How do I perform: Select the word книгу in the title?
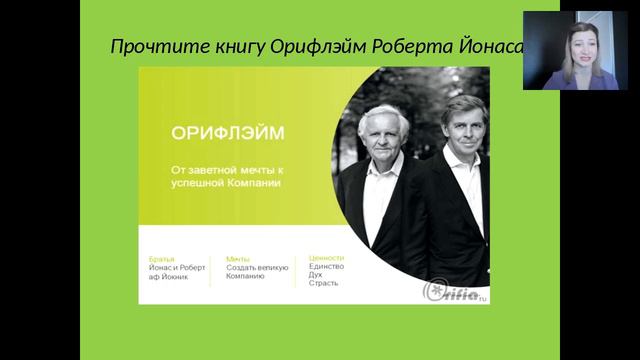click(x=231, y=47)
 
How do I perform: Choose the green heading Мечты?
click(x=238, y=258)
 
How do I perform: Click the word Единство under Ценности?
click(x=326, y=266)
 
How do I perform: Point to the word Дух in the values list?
click(x=316, y=274)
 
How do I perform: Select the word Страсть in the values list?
click(x=323, y=283)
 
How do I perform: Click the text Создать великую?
click(x=257, y=267)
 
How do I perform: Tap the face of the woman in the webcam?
click(x=579, y=45)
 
